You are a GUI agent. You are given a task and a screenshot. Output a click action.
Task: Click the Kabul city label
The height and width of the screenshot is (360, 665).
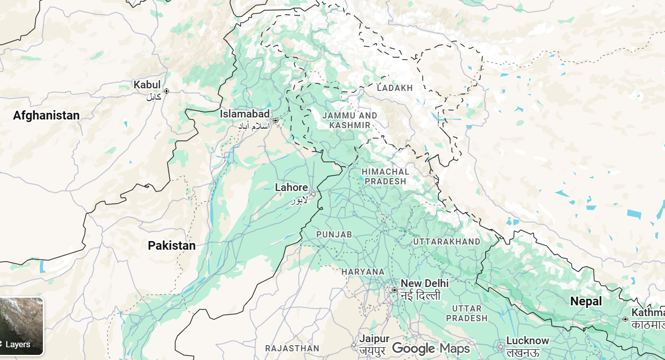(x=147, y=85)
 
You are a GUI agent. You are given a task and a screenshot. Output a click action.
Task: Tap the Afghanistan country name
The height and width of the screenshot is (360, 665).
(x=46, y=115)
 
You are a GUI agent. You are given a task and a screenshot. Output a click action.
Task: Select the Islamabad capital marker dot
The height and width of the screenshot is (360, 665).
(x=275, y=121)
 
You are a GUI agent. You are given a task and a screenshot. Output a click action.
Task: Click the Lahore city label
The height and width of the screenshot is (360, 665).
(x=291, y=187)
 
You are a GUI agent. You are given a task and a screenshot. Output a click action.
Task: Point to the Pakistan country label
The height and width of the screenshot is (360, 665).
(x=172, y=246)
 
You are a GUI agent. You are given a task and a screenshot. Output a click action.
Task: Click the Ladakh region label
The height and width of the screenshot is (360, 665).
(x=394, y=88)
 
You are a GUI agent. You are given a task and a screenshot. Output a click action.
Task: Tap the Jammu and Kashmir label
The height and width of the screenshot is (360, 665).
(x=350, y=121)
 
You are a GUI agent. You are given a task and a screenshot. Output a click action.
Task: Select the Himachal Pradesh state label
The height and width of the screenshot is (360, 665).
(x=385, y=176)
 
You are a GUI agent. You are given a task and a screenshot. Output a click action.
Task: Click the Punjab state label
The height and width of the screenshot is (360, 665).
(x=334, y=234)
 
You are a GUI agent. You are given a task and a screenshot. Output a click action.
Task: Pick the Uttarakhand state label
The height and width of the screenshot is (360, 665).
(x=446, y=242)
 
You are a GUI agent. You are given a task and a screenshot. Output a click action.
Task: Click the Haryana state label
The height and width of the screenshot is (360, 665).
(x=363, y=272)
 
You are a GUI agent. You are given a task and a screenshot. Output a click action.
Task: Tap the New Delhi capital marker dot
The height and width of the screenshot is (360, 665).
(x=394, y=290)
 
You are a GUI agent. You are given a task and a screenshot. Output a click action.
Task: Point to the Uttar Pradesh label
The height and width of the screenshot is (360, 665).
(x=466, y=313)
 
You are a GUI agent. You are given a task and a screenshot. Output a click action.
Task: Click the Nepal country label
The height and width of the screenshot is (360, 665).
(x=586, y=301)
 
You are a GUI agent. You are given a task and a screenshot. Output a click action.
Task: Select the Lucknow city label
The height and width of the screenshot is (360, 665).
(x=528, y=341)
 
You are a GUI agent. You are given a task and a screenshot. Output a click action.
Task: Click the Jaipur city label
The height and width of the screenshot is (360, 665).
(x=374, y=339)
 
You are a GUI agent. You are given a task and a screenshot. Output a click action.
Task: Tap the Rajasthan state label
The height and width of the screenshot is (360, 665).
(x=292, y=348)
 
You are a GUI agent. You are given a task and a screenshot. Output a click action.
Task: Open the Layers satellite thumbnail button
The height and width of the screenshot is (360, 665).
(x=21, y=326)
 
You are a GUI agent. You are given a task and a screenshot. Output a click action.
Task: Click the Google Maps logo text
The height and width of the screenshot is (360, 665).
(x=431, y=349)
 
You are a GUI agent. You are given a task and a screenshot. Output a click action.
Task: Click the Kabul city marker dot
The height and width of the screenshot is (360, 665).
(x=166, y=91)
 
